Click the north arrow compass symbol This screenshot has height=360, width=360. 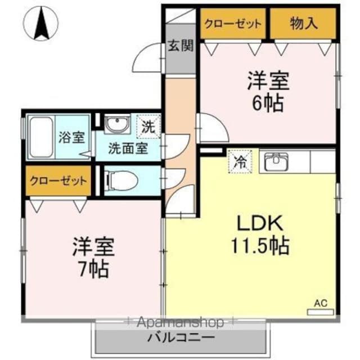(x=40, y=23)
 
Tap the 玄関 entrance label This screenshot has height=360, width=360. (x=181, y=46)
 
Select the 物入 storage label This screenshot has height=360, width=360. (x=304, y=24)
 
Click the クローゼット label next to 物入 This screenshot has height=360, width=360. (x=233, y=24)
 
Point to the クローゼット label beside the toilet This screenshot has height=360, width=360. (x=58, y=181)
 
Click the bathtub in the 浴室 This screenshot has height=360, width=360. (x=42, y=137)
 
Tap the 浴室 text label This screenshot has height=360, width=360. (x=72, y=137)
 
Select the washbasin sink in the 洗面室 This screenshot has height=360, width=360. (x=117, y=124)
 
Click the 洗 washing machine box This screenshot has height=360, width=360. (x=148, y=127)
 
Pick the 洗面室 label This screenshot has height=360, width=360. (x=128, y=148)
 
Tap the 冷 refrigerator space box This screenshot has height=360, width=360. (x=240, y=161)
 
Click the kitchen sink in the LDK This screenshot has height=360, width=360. (x=276, y=161)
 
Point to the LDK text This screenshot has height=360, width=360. (x=259, y=223)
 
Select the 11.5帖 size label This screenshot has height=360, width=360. (x=260, y=246)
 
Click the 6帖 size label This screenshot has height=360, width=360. (x=268, y=103)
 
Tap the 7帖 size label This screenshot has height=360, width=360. (x=93, y=269)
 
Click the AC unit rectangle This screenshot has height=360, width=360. (x=320, y=312)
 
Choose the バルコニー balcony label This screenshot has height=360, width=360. (x=181, y=337)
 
